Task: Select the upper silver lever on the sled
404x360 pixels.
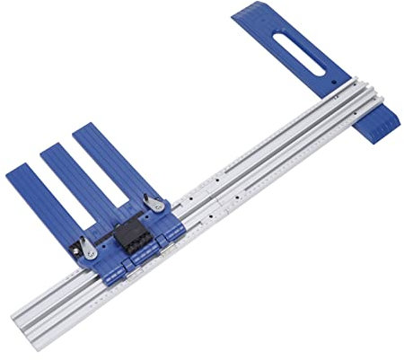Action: click(x=156, y=204)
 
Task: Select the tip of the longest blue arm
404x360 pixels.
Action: click(x=85, y=128)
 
